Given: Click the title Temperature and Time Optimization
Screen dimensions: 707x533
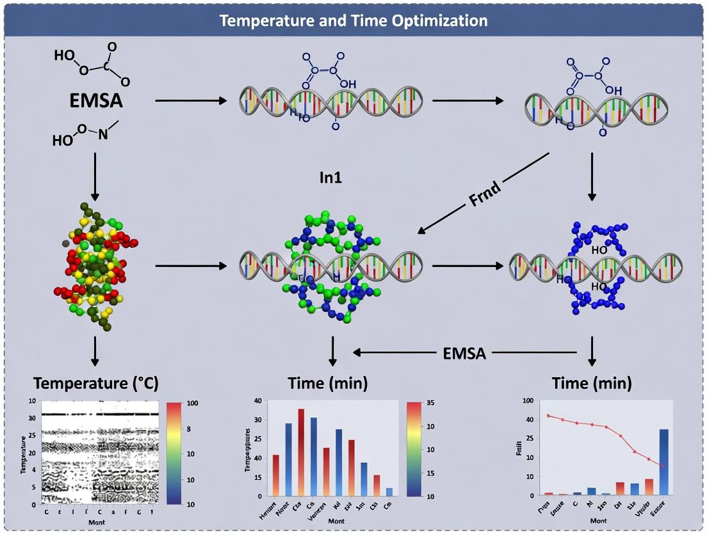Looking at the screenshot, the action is [x=353, y=20].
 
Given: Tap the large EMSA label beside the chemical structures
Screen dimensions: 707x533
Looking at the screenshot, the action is [x=96, y=101].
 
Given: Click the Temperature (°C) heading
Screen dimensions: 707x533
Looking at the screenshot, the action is [x=95, y=383].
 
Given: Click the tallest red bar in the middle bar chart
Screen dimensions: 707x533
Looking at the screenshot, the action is [x=301, y=452].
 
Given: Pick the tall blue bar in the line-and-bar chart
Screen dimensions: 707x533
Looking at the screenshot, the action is [x=664, y=461].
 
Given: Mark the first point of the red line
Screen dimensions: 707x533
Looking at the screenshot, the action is [x=548, y=416].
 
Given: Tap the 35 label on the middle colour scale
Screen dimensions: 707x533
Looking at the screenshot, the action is [x=432, y=404].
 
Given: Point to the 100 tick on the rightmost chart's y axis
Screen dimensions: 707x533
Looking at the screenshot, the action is [x=529, y=401].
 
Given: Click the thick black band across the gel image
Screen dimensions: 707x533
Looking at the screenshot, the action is [x=99, y=414].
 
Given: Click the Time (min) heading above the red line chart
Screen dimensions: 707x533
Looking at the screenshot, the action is [x=592, y=383].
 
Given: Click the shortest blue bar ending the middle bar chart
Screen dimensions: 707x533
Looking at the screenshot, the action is [x=388, y=491].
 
